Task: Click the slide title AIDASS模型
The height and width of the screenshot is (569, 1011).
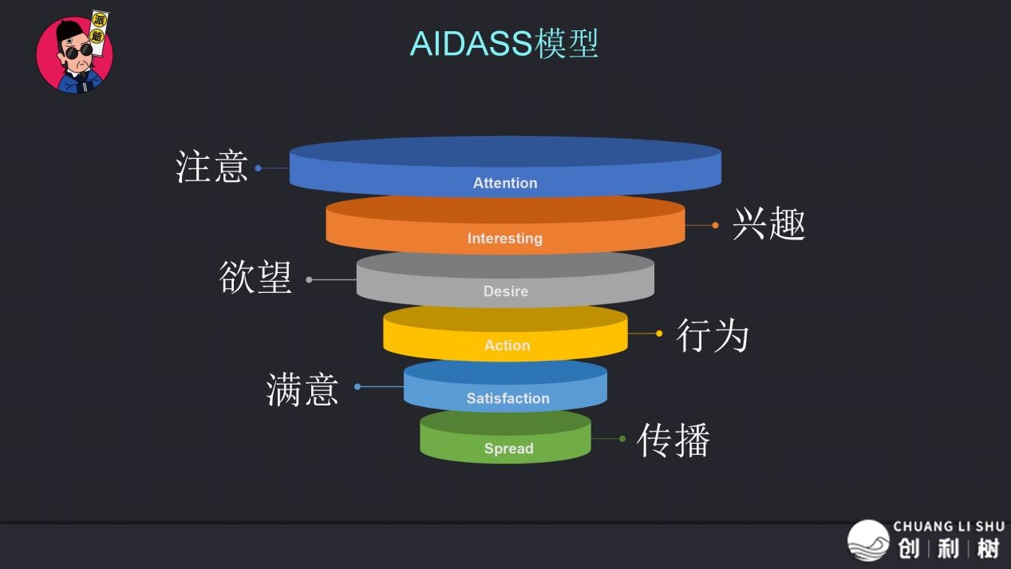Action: (504, 44)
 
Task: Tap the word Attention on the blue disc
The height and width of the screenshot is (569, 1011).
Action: (505, 183)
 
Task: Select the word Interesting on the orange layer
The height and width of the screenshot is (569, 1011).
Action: (504, 238)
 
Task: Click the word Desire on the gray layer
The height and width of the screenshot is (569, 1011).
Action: (506, 291)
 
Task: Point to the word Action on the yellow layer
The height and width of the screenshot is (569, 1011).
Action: (507, 346)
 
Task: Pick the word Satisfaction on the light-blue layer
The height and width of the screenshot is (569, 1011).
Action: (507, 398)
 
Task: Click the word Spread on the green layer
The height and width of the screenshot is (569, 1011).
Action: (508, 448)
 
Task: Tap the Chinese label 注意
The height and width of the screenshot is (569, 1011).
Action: (211, 168)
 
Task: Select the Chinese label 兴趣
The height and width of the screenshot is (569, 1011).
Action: (768, 224)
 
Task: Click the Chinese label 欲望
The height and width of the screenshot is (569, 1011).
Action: (255, 278)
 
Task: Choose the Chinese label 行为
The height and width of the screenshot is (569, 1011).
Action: (713, 334)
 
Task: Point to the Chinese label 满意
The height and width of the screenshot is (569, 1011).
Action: (302, 389)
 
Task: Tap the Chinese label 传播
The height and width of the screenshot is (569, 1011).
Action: (673, 440)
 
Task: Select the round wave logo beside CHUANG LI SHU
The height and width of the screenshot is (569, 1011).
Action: (868, 540)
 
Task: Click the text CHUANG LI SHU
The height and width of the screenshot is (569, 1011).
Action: (948, 526)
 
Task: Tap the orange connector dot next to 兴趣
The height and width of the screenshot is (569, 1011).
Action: (715, 225)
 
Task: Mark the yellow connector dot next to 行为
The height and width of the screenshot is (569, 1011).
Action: (659, 334)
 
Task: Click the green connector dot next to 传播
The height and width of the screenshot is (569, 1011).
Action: (622, 439)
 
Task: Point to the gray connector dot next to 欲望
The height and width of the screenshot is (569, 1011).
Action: (309, 279)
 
